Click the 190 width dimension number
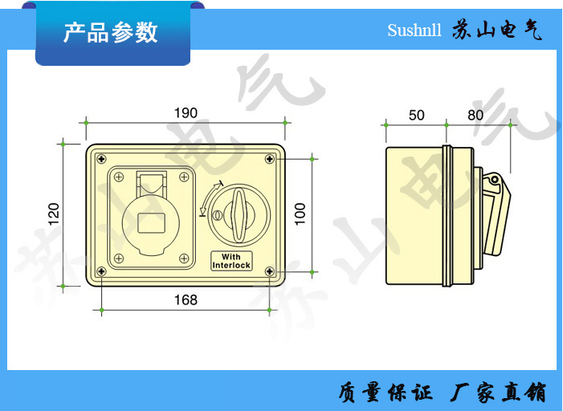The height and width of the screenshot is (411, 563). click(x=186, y=113)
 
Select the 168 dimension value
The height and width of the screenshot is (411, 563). click(x=186, y=299)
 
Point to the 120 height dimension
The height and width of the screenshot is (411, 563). click(x=54, y=214)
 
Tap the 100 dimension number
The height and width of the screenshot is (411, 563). click(x=300, y=214)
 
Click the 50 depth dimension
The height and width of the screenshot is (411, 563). click(x=417, y=116)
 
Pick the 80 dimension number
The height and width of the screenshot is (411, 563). click(x=475, y=116)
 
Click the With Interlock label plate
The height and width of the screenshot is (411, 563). click(x=231, y=261)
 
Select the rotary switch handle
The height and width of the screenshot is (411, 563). click(x=239, y=215)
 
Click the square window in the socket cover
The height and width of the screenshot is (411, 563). click(x=152, y=223)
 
